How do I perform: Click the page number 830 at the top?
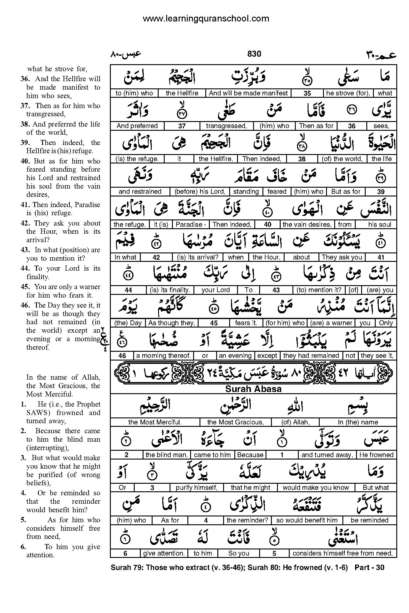click(254, 54)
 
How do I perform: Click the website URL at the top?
click(206, 19)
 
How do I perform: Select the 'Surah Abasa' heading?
click(253, 389)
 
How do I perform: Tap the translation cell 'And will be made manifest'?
click(248, 93)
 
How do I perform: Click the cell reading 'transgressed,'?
click(226, 126)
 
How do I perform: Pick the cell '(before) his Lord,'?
click(200, 192)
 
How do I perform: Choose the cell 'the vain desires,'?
click(307, 225)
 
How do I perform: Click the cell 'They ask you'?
click(342, 257)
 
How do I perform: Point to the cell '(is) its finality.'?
click(170, 290)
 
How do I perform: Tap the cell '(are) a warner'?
click(331, 323)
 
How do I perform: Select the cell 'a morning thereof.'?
click(163, 356)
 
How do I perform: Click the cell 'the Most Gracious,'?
click(235, 422)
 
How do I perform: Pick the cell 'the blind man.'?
click(167, 455)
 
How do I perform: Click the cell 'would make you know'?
click(316, 488)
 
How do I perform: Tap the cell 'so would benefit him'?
click(307, 520)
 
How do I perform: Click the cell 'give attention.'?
click(163, 553)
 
